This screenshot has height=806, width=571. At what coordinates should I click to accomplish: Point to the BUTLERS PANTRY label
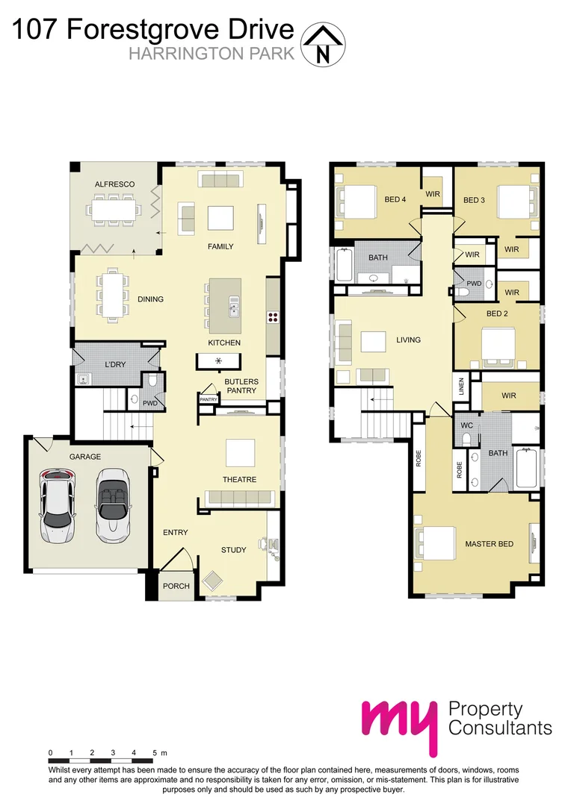tap(241, 386)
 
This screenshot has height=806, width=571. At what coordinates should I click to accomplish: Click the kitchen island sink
tap(234, 307)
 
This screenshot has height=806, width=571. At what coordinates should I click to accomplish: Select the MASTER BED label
tap(490, 544)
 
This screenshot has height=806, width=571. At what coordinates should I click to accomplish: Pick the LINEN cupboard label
tap(461, 387)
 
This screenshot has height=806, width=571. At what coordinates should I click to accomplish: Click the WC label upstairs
tap(466, 425)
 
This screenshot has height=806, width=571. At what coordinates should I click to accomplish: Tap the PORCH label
tap(176, 586)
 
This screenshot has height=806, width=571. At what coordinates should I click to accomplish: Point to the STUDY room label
tap(233, 550)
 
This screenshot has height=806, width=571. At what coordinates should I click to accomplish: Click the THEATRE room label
tap(239, 479)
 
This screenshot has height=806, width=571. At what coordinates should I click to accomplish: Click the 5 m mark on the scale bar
tap(154, 752)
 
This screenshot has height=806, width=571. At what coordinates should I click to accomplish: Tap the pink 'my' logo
tap(398, 722)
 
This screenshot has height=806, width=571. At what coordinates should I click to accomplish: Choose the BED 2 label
tap(497, 313)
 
